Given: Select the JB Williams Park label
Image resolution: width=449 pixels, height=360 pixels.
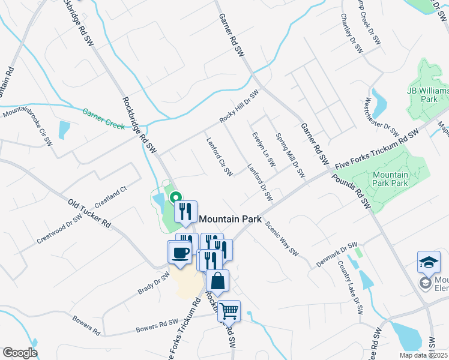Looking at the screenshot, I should coord(428,94).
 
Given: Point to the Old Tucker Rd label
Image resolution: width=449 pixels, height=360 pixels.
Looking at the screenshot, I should coord(89,213).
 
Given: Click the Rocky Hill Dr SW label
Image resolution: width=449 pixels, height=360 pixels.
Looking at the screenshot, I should coord(238,106).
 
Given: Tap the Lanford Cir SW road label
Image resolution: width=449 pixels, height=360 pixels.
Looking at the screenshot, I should coord(219,157).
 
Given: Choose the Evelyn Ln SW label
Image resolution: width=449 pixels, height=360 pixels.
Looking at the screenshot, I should coord(264,149).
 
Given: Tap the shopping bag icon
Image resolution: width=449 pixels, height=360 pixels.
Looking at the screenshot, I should coord(217,280).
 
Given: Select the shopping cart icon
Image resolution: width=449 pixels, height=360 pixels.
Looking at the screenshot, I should coord(229,311).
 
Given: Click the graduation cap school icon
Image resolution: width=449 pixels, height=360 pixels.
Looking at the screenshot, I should coord(429,262).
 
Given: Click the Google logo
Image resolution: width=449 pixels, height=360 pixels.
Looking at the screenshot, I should coord(20,353).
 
